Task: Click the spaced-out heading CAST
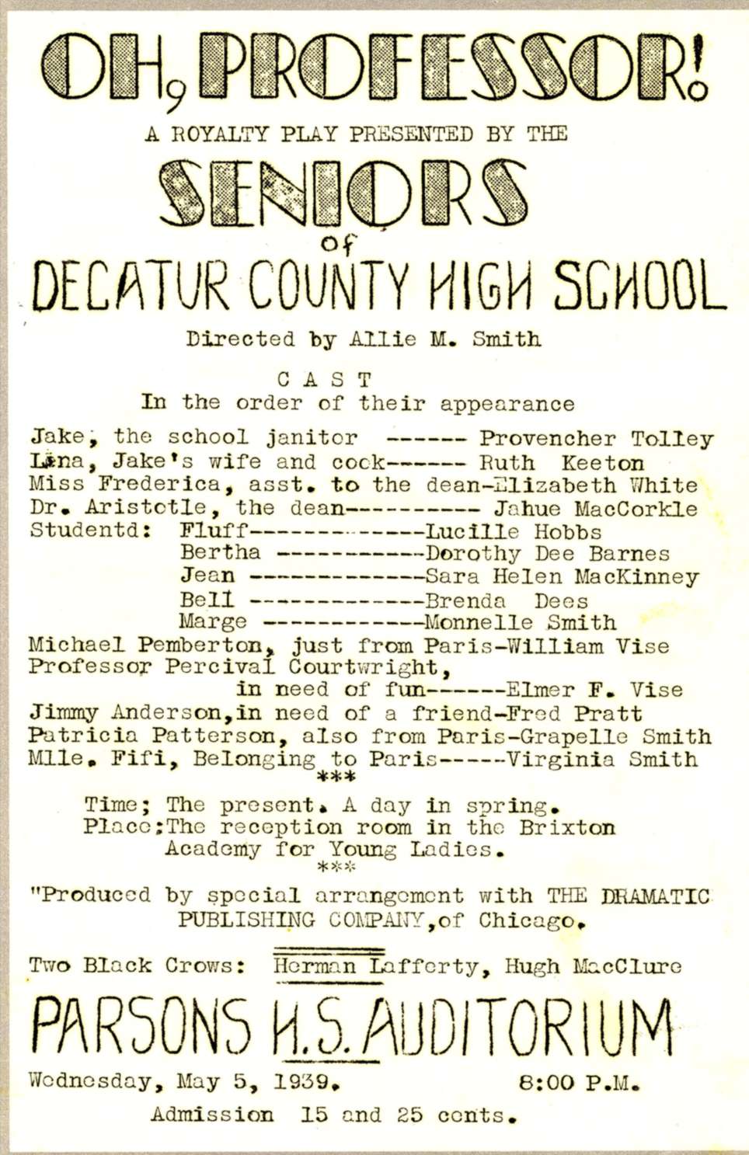click(x=326, y=380)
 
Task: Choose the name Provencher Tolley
click(x=595, y=439)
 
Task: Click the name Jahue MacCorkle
click(x=595, y=510)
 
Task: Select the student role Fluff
click(x=214, y=532)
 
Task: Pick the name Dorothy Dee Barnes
click(x=547, y=554)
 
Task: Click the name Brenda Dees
click(x=506, y=600)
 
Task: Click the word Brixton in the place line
click(x=567, y=827)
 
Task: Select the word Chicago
click(x=530, y=920)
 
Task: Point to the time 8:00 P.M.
click(x=579, y=1082)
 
